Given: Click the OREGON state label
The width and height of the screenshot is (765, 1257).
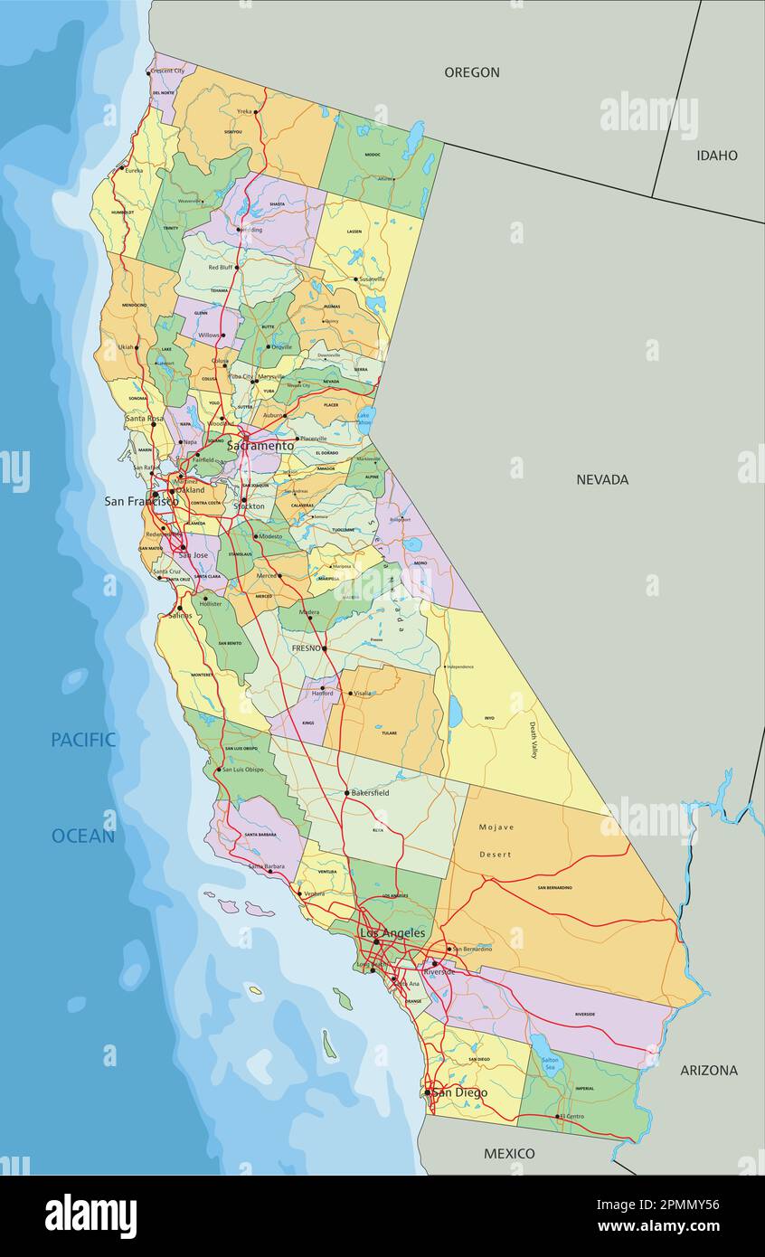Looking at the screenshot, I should click(x=471, y=72).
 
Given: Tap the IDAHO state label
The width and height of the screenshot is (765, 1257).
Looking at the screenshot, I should click(x=716, y=156).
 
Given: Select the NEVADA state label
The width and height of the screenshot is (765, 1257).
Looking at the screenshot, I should click(x=602, y=479).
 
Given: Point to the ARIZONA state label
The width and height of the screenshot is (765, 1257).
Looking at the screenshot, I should click(x=708, y=1070).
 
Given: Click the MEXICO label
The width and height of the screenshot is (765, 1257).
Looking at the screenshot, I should click(x=509, y=1153).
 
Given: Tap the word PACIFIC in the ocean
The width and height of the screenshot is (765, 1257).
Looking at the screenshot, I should click(x=83, y=740).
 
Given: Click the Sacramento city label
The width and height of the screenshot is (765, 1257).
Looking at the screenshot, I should click(x=260, y=446).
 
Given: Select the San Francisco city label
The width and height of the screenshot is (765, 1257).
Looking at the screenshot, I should click(x=141, y=501).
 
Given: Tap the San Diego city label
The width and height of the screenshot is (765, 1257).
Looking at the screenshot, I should click(x=459, y=1092).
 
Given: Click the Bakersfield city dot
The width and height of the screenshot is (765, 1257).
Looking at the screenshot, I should click(x=346, y=793).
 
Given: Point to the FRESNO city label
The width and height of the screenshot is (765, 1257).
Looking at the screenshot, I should click(x=306, y=648).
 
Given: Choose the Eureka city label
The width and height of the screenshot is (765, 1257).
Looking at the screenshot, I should click(x=134, y=170).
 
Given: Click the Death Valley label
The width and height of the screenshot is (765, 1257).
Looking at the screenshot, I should click(x=533, y=740).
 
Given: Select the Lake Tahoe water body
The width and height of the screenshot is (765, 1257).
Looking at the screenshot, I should click(x=364, y=417).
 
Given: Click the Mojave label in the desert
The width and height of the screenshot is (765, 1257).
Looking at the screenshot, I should click(x=496, y=827).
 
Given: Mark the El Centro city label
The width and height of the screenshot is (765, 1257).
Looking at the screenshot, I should click(x=571, y=1116).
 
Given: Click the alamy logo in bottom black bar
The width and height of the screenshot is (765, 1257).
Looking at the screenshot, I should click(x=91, y=1216).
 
